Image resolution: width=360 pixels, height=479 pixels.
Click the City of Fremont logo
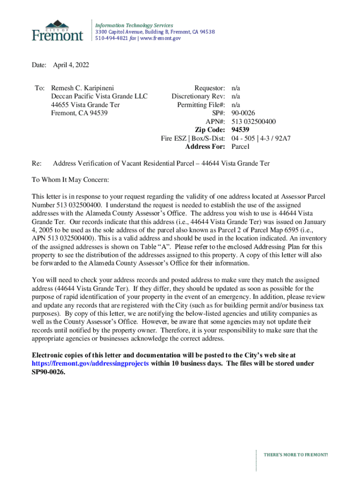tap(58, 30)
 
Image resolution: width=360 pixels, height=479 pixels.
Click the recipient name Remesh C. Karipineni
tap(83, 88)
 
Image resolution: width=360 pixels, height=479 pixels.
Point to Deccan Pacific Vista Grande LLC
tap(99, 96)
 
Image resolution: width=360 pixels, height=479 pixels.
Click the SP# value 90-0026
tap(243, 113)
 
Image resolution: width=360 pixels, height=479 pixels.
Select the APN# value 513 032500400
tap(253, 122)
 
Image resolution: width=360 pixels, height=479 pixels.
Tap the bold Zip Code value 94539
tap(240, 130)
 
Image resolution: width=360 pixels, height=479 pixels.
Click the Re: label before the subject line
tap(36, 163)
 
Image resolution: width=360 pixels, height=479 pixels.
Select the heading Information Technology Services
tap(134, 25)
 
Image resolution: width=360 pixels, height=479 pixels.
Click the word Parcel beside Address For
tap(241, 147)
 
